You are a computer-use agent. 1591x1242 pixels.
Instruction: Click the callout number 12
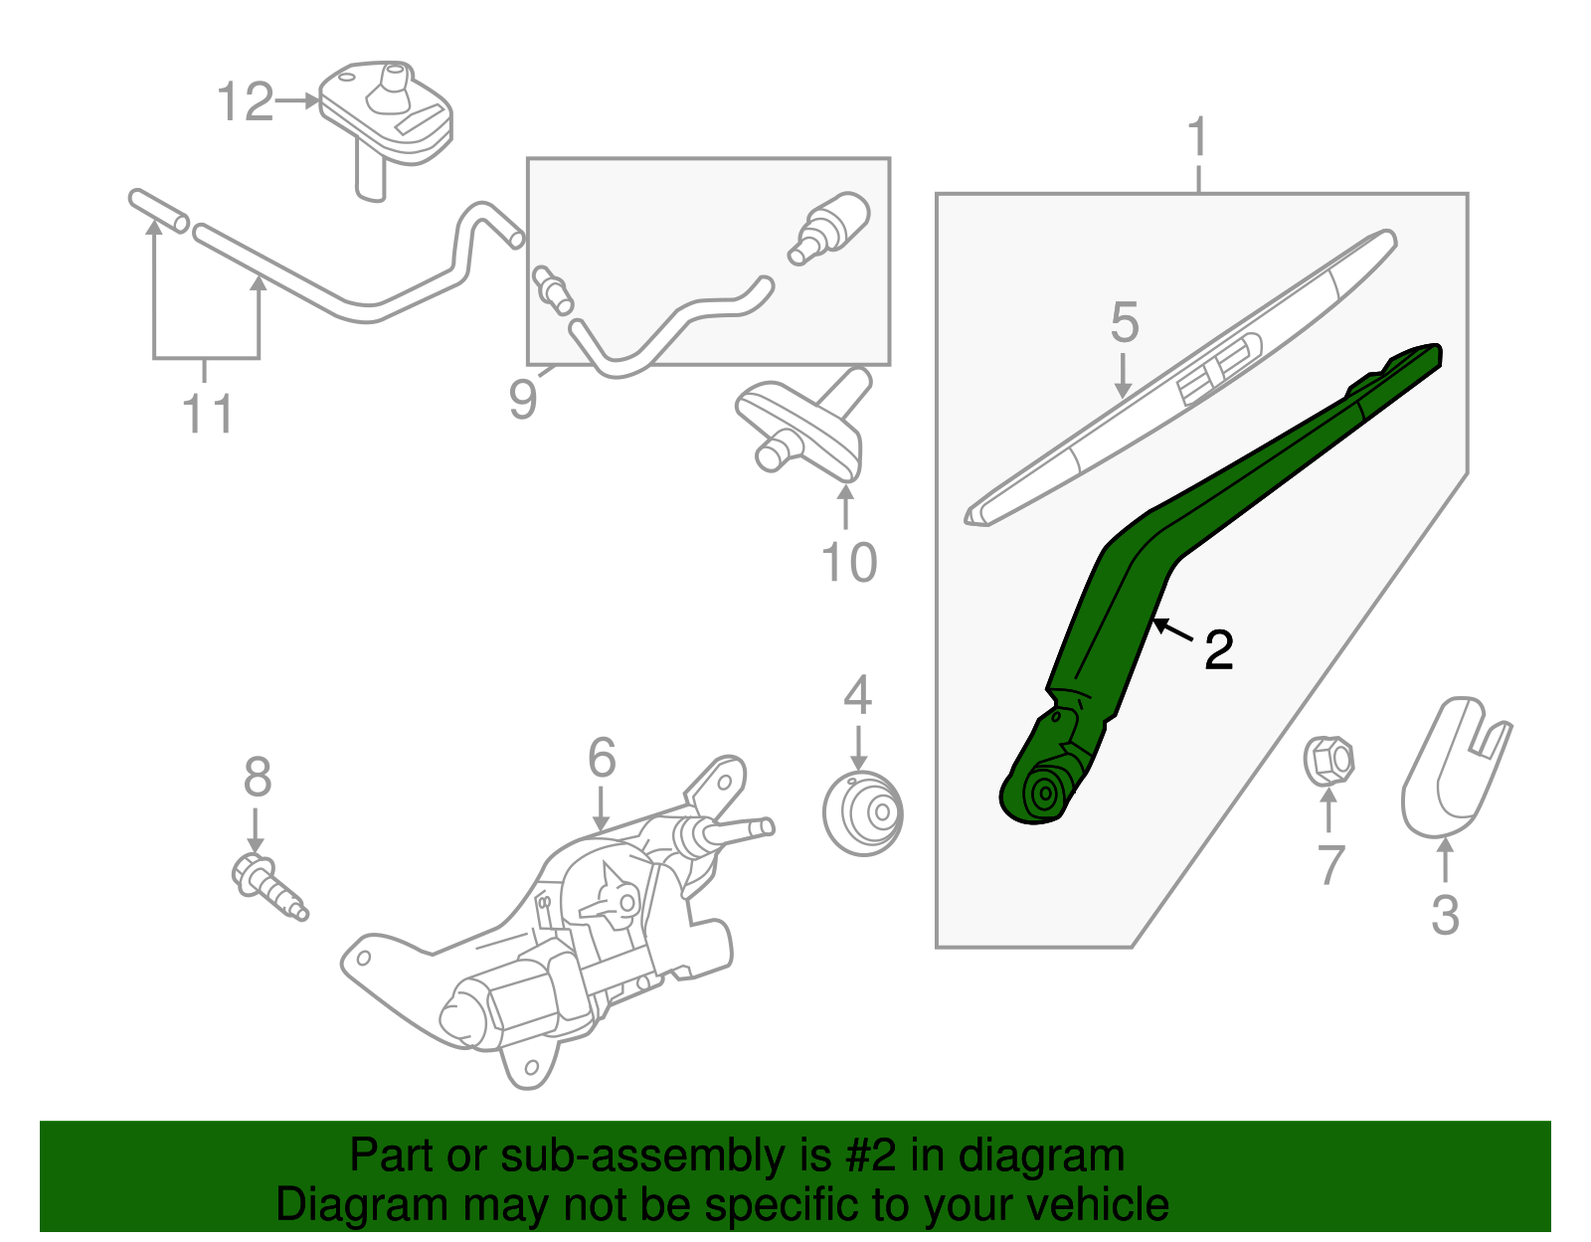245,102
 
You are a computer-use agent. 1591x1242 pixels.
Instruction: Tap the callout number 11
208,414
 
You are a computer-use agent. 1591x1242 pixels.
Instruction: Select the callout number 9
522,399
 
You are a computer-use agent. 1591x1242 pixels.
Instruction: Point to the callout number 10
848,563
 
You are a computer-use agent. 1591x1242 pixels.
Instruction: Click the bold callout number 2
1218,650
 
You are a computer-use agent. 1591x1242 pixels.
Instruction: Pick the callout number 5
1124,322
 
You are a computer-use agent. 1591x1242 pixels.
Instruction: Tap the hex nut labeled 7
1328,760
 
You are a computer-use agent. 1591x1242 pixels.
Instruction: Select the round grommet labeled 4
862,812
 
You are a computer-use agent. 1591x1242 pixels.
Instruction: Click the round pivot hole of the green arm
1044,795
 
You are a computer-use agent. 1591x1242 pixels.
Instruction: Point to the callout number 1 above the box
1197,137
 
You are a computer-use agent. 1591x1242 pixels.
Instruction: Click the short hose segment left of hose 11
158,211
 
